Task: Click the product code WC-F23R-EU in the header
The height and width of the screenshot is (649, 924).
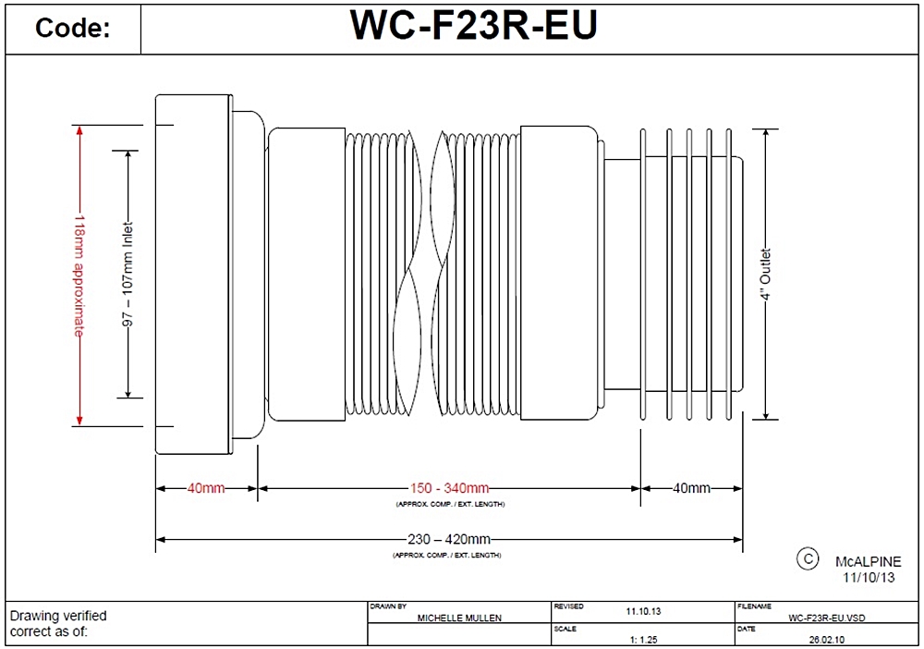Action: pos(473,26)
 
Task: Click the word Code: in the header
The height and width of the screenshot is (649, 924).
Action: pos(72,29)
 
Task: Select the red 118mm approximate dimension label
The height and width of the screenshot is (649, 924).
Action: pos(80,276)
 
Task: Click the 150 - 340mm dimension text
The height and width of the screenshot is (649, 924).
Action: pos(449,488)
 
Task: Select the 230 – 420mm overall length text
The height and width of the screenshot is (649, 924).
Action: pos(449,539)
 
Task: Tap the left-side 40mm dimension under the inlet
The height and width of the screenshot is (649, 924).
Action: pos(206,488)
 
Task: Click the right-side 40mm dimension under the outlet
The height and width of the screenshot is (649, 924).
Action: pos(691,488)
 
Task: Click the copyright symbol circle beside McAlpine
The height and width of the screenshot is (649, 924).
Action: pos(807,558)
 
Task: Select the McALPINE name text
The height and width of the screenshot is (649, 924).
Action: pos(868,562)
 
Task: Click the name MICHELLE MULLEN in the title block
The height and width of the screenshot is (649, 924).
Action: pos(460,618)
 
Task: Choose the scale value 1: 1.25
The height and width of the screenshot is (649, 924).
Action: pos(644,639)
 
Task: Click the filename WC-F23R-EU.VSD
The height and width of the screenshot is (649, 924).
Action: pos(827,618)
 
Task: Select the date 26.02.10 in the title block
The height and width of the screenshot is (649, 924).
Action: pos(827,639)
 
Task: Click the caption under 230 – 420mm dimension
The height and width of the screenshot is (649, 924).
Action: pos(448,555)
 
